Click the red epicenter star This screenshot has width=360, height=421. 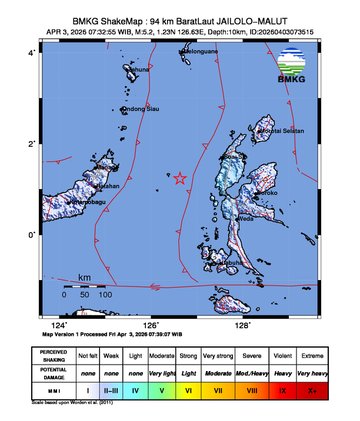pyautogui.click(x=181, y=179)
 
